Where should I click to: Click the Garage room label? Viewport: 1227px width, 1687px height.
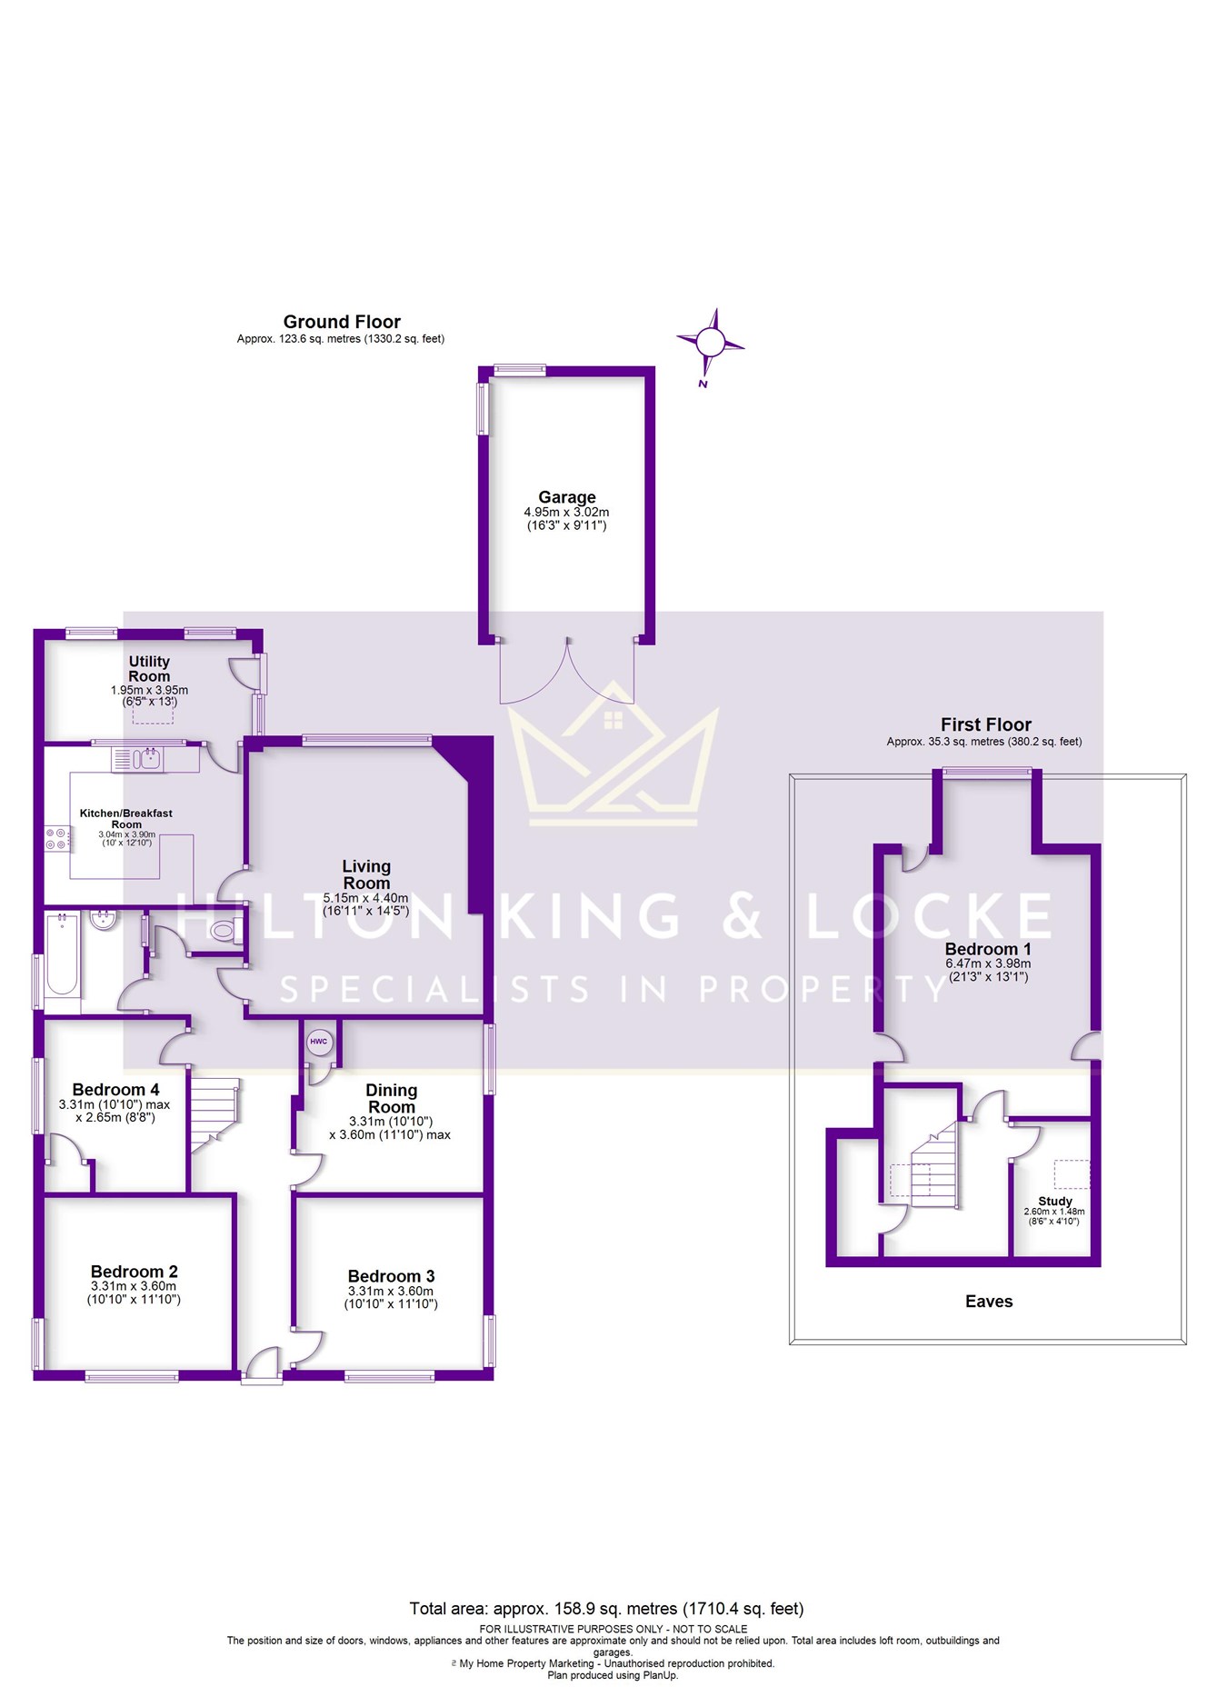tap(566, 497)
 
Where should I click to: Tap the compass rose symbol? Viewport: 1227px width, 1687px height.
tap(711, 344)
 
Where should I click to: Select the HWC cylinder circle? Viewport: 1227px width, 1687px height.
tap(319, 1042)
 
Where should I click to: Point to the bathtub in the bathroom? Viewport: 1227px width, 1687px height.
tap(62, 955)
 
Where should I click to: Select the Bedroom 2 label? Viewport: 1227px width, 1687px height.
tap(134, 1272)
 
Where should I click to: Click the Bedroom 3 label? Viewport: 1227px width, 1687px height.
tap(391, 1276)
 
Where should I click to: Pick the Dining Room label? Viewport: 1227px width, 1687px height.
tap(392, 1098)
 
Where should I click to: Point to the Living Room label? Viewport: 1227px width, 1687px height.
tap(366, 874)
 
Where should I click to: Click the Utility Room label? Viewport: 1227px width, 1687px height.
tap(149, 669)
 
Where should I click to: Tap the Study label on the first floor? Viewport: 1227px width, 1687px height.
tap(1055, 1201)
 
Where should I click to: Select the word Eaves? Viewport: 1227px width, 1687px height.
tap(989, 1301)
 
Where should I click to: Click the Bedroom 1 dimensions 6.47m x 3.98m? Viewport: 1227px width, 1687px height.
tap(988, 963)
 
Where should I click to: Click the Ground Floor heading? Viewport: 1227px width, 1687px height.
tap(342, 322)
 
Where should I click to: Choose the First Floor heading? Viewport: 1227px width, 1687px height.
tap(986, 724)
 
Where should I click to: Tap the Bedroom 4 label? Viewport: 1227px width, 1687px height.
tap(115, 1089)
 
